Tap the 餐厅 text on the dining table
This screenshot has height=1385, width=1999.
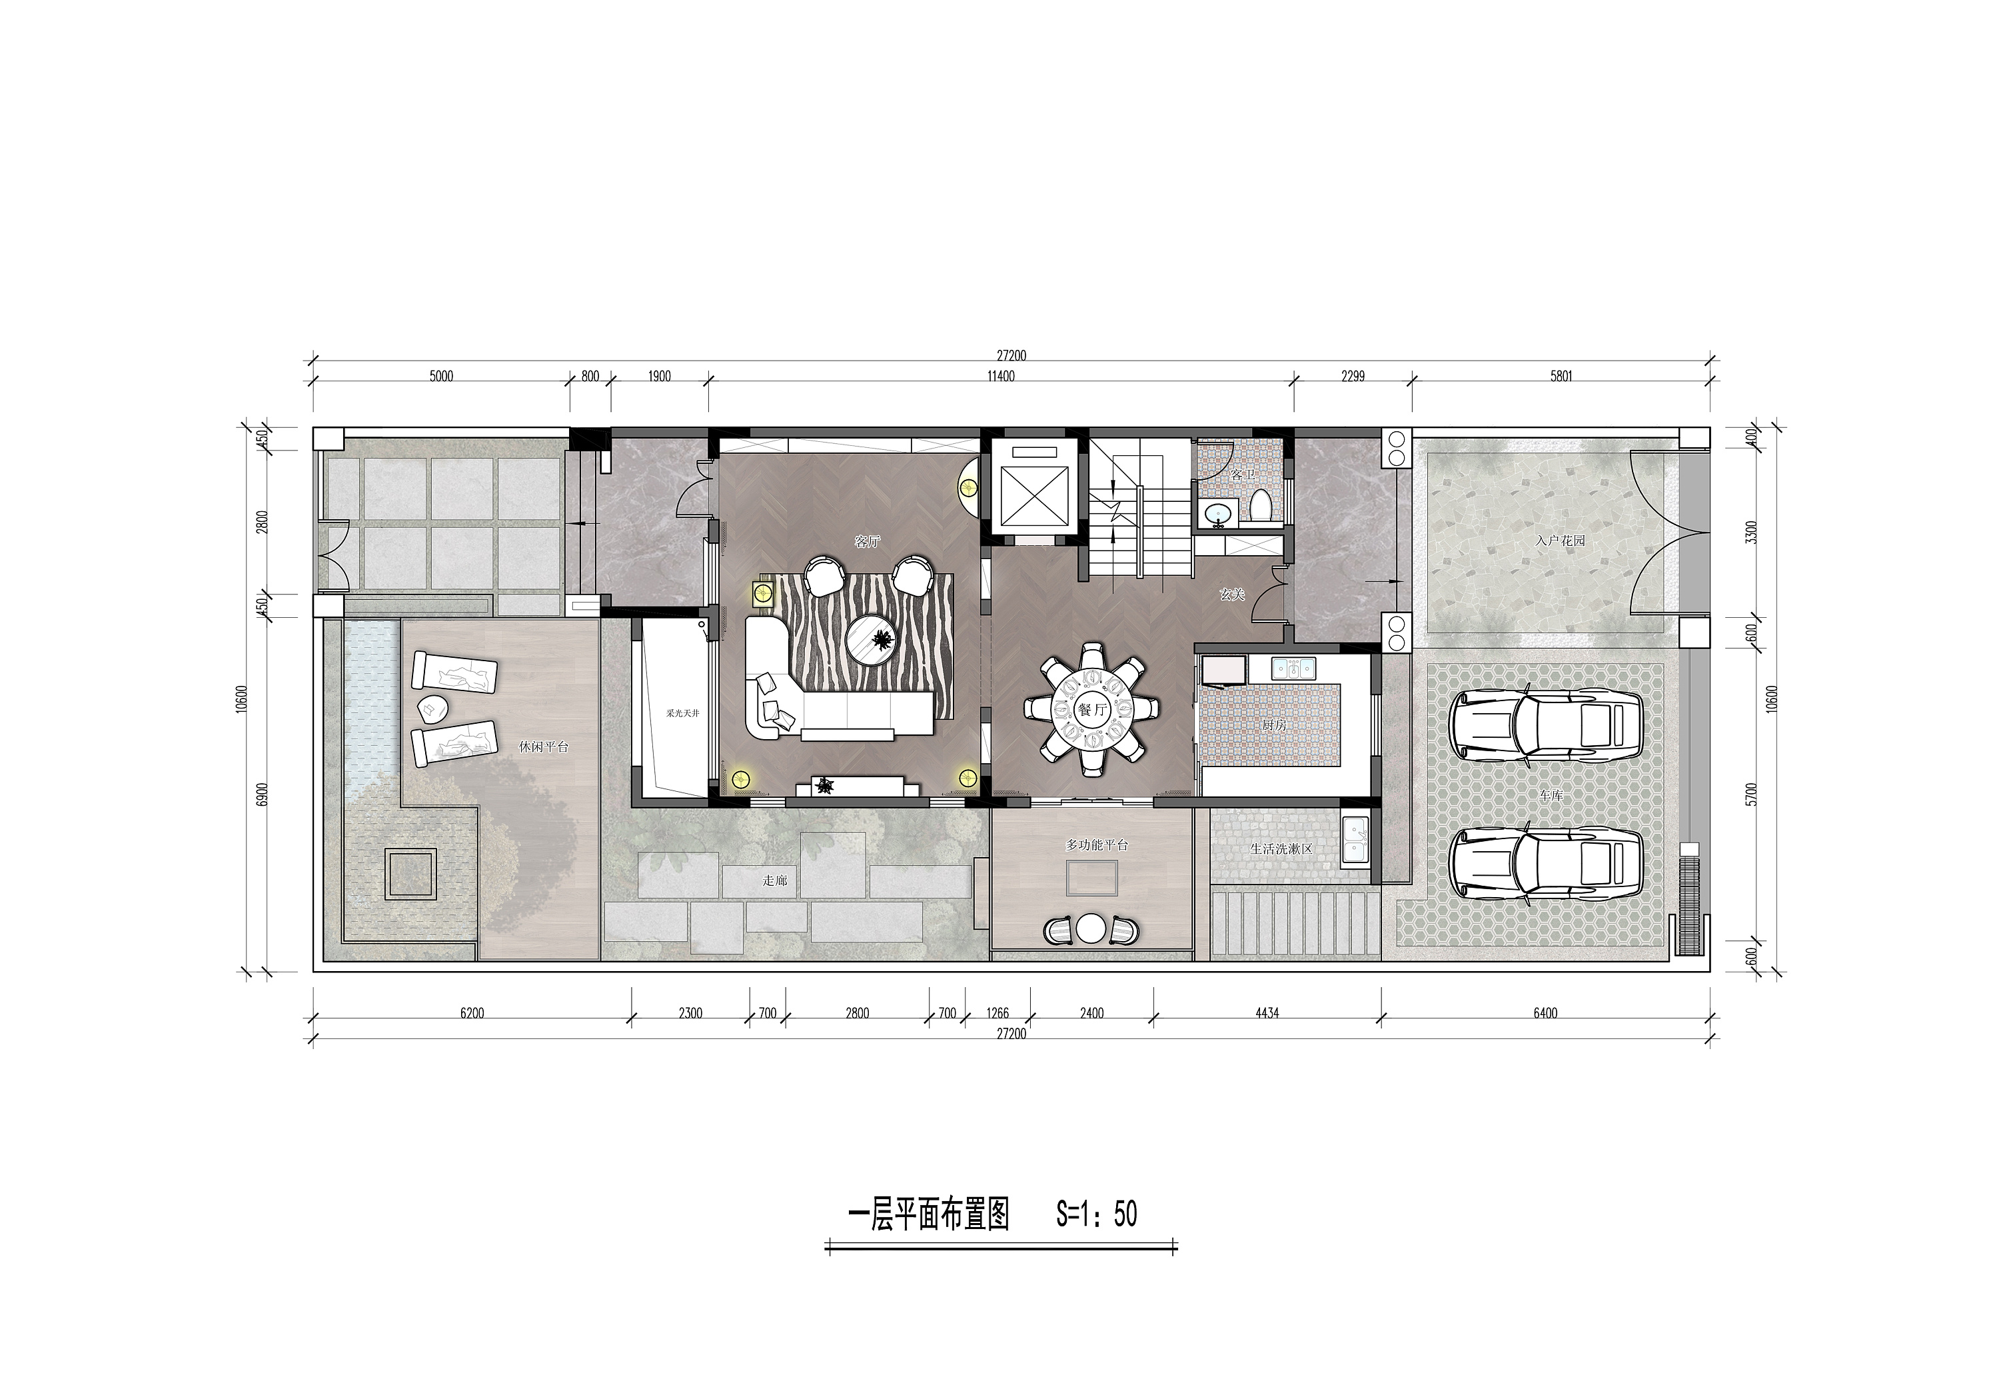[1092, 708]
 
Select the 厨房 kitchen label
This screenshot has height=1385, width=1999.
[1275, 724]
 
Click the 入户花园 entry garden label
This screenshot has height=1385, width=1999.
[1560, 540]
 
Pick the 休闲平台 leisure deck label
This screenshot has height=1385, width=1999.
[543, 746]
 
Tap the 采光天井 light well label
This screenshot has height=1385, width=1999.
[682, 712]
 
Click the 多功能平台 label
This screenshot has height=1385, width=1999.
[1097, 844]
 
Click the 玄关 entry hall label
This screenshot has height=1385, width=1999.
[1232, 595]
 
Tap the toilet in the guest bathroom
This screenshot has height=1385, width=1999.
[1261, 506]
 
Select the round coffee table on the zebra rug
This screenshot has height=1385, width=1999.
[874, 639]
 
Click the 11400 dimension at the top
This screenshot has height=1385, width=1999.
[1000, 377]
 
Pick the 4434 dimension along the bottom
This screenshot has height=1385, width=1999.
[1267, 1012]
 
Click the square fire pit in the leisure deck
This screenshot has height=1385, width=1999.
[411, 874]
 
